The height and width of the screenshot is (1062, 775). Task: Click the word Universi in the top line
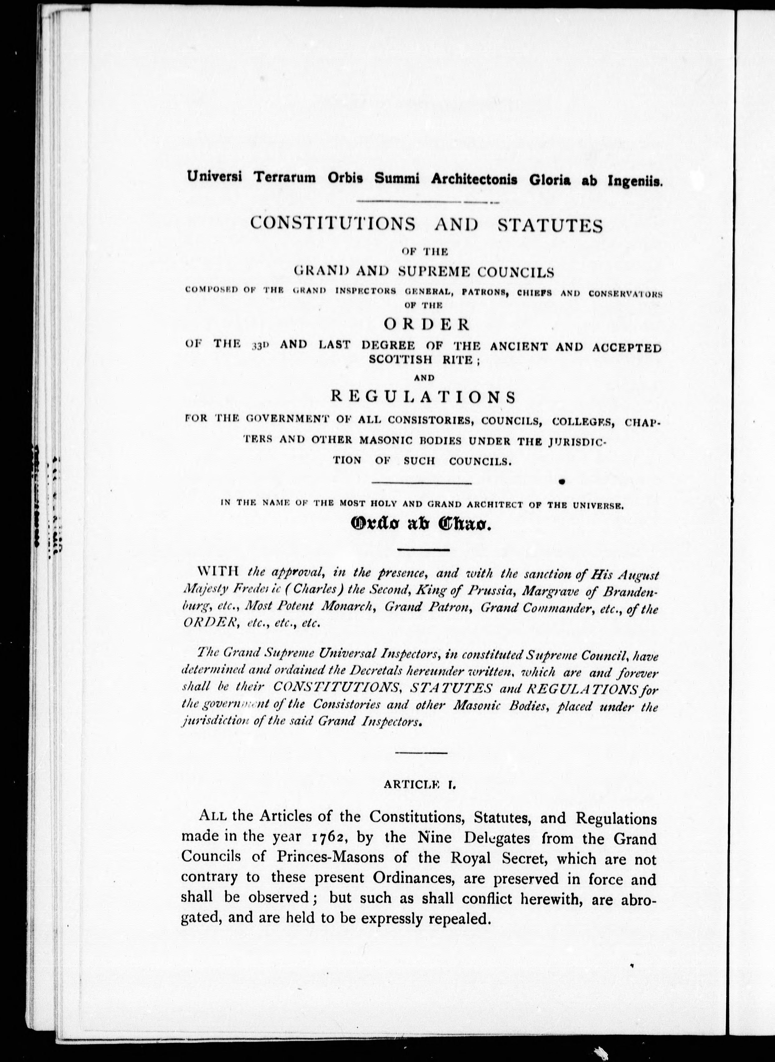214,177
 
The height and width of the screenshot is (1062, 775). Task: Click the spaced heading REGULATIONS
423,397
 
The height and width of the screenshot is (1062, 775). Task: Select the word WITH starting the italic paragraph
219,572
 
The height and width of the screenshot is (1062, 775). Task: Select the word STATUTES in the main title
549,225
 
